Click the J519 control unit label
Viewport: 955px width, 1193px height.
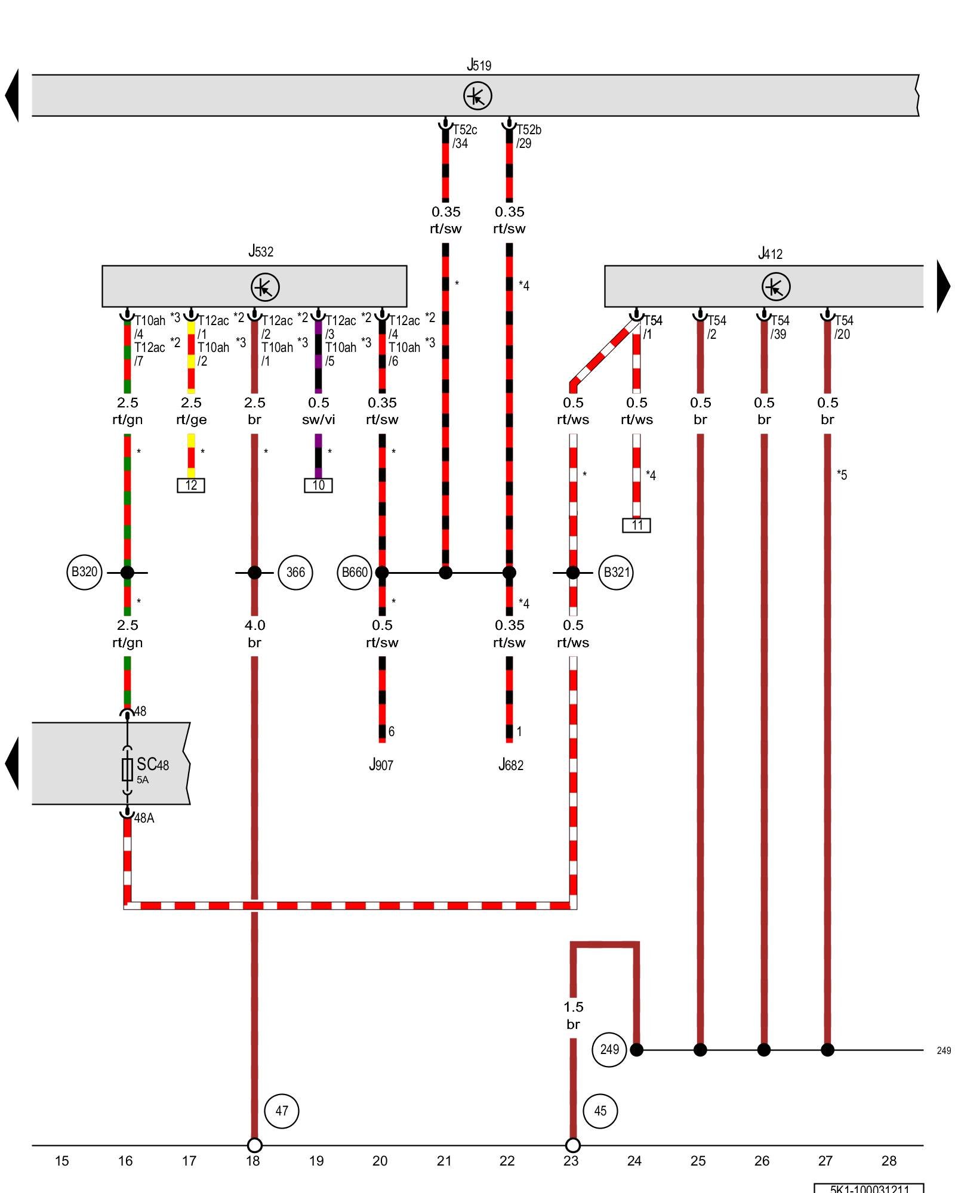(x=479, y=64)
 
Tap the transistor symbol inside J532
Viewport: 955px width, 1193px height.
(x=265, y=287)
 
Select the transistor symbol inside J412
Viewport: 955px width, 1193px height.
(x=776, y=287)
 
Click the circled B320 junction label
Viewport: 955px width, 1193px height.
(x=84, y=572)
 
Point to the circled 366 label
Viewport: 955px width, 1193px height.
(x=295, y=573)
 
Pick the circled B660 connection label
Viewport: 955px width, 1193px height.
(x=355, y=573)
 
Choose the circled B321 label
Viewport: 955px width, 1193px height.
(x=616, y=573)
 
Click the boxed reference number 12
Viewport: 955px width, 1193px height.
(x=191, y=485)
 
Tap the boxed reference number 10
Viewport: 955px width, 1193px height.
(x=318, y=485)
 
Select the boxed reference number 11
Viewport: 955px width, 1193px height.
(x=636, y=525)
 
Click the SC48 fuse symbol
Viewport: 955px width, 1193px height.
(x=127, y=769)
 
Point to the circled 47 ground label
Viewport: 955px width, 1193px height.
(x=282, y=1111)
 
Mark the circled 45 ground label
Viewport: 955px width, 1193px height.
(x=600, y=1111)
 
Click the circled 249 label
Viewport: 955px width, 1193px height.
(x=609, y=1049)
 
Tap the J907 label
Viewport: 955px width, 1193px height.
(x=381, y=765)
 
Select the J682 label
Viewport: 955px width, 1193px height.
(x=511, y=765)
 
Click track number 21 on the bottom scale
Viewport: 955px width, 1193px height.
(x=444, y=1161)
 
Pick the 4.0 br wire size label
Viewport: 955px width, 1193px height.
(x=255, y=633)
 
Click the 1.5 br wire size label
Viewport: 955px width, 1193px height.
(x=573, y=1015)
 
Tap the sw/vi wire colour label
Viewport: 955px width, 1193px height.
(x=318, y=419)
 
